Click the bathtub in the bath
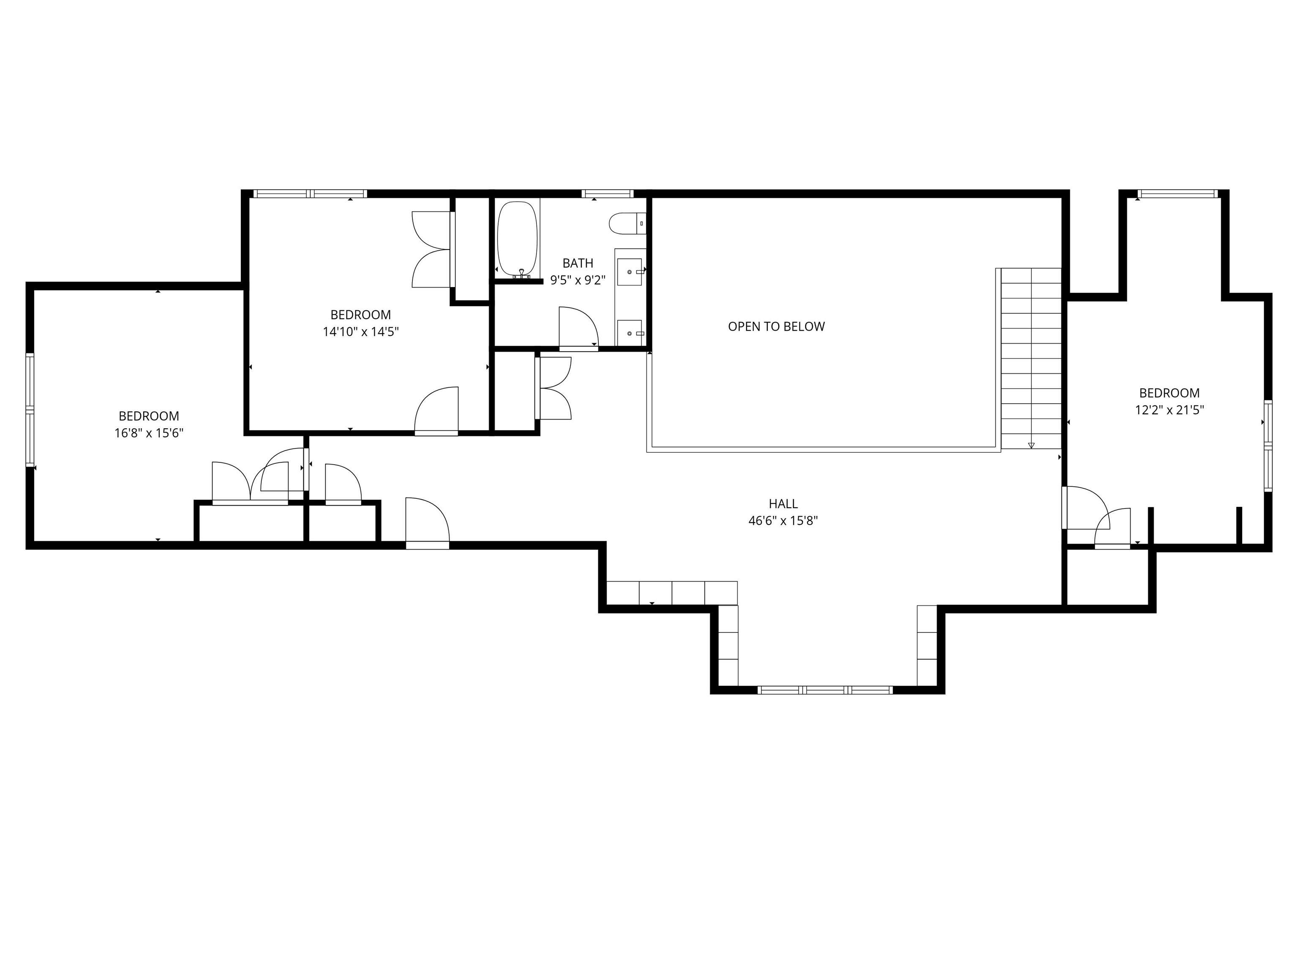(517, 238)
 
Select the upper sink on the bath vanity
(629, 272)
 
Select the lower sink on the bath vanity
(629, 333)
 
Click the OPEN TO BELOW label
(776, 326)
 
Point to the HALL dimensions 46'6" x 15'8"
(783, 521)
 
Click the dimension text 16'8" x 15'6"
(149, 433)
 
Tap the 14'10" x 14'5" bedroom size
(360, 332)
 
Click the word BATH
(578, 263)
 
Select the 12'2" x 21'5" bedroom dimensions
(1169, 410)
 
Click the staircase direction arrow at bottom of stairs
(1031, 445)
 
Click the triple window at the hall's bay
(825, 690)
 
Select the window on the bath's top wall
(607, 194)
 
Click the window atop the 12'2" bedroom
(1177, 194)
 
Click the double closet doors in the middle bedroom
(433, 249)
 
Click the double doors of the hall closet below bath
(554, 388)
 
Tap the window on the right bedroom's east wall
(1268, 446)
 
